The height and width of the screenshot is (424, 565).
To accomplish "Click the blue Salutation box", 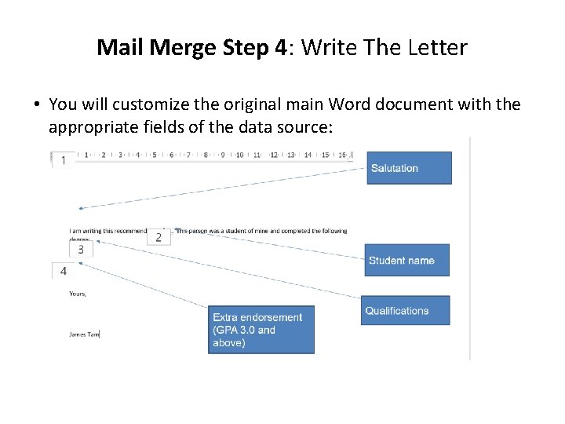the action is click(x=409, y=168).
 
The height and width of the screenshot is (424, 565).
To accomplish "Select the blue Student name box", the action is click(x=406, y=260).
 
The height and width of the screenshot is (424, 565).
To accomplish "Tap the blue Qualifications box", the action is click(x=405, y=310).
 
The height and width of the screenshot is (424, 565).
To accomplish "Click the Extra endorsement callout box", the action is click(x=261, y=330).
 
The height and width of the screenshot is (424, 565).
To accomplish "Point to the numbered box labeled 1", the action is click(x=63, y=160).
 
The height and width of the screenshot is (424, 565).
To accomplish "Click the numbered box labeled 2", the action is click(x=159, y=236).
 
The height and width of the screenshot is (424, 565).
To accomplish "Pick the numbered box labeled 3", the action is click(x=81, y=250).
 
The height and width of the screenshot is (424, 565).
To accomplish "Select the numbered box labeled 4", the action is click(x=64, y=271).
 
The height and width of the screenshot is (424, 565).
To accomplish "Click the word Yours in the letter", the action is click(x=78, y=294).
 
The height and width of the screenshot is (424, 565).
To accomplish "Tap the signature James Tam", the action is click(x=84, y=334).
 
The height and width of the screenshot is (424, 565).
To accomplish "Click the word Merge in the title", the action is click(x=182, y=48).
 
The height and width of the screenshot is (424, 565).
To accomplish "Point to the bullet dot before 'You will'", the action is click(x=37, y=105).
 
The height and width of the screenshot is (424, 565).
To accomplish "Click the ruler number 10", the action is click(x=239, y=155).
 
